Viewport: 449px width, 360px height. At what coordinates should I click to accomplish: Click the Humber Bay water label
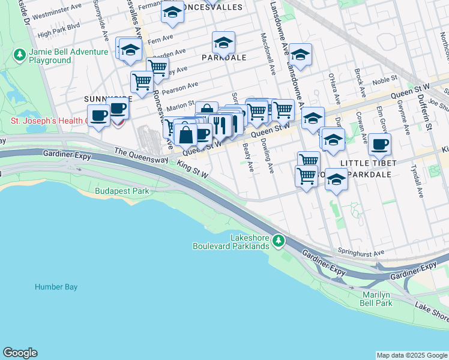[56, 287]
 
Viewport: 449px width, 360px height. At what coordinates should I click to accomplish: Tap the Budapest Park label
[122, 191]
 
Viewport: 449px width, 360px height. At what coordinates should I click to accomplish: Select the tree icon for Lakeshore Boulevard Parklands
[278, 241]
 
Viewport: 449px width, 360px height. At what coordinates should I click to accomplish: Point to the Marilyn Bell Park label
[378, 299]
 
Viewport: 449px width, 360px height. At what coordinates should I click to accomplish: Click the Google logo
[20, 353]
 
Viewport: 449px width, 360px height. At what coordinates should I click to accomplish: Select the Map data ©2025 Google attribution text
[412, 355]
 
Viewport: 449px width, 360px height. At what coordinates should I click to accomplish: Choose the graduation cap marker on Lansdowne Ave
[300, 54]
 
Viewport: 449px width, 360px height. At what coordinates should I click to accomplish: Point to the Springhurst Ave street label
[360, 253]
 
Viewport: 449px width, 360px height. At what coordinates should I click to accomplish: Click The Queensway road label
[138, 153]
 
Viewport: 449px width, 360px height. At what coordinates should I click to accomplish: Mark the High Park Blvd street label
[58, 34]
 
